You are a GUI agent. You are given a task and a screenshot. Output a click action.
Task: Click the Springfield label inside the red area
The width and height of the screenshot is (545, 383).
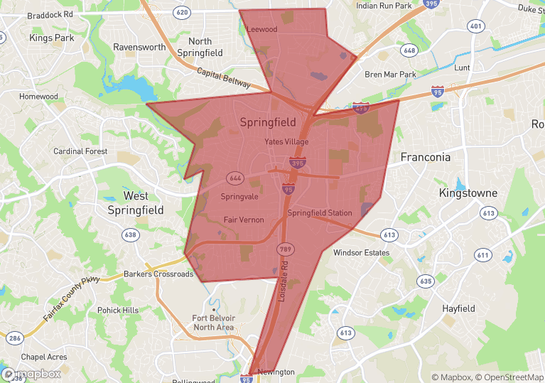[268, 122]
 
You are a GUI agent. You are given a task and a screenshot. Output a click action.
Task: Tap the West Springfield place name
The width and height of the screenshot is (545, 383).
[135, 203]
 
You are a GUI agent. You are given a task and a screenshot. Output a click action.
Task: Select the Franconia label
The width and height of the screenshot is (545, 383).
[425, 157]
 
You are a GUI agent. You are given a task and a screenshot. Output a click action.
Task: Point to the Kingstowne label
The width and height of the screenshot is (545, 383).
[468, 193]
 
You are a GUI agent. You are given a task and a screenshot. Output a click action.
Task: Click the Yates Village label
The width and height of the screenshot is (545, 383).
[286, 141]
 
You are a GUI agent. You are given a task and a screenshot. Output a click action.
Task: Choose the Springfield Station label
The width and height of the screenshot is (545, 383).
[319, 212]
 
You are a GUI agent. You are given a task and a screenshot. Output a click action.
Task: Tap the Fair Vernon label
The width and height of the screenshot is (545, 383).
[244, 220]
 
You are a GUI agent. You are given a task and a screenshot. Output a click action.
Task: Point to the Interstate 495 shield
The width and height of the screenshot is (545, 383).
[360, 108]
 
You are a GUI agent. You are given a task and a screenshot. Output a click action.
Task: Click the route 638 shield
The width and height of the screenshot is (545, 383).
[130, 234]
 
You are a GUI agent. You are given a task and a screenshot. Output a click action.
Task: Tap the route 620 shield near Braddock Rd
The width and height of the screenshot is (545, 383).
[181, 12]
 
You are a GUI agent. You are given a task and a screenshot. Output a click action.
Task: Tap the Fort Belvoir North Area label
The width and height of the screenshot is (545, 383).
[213, 323]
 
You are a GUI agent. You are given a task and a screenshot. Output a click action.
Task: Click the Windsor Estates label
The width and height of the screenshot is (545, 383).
[361, 252]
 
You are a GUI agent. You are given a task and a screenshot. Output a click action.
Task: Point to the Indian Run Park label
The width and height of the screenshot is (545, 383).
[384, 6]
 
